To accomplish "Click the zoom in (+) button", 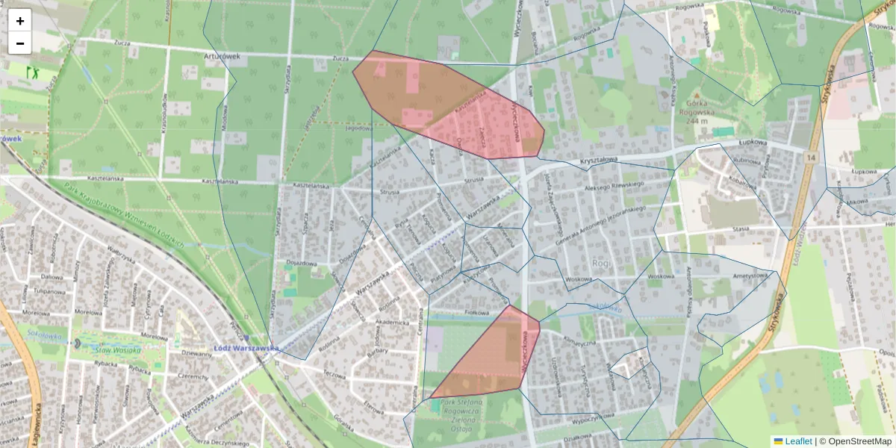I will tap(20, 21).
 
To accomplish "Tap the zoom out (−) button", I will tap(20, 43).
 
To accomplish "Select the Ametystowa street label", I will tap(750, 276).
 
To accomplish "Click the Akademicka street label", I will tap(392, 323).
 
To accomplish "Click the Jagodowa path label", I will tap(358, 127).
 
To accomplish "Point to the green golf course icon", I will tap(33, 72).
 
